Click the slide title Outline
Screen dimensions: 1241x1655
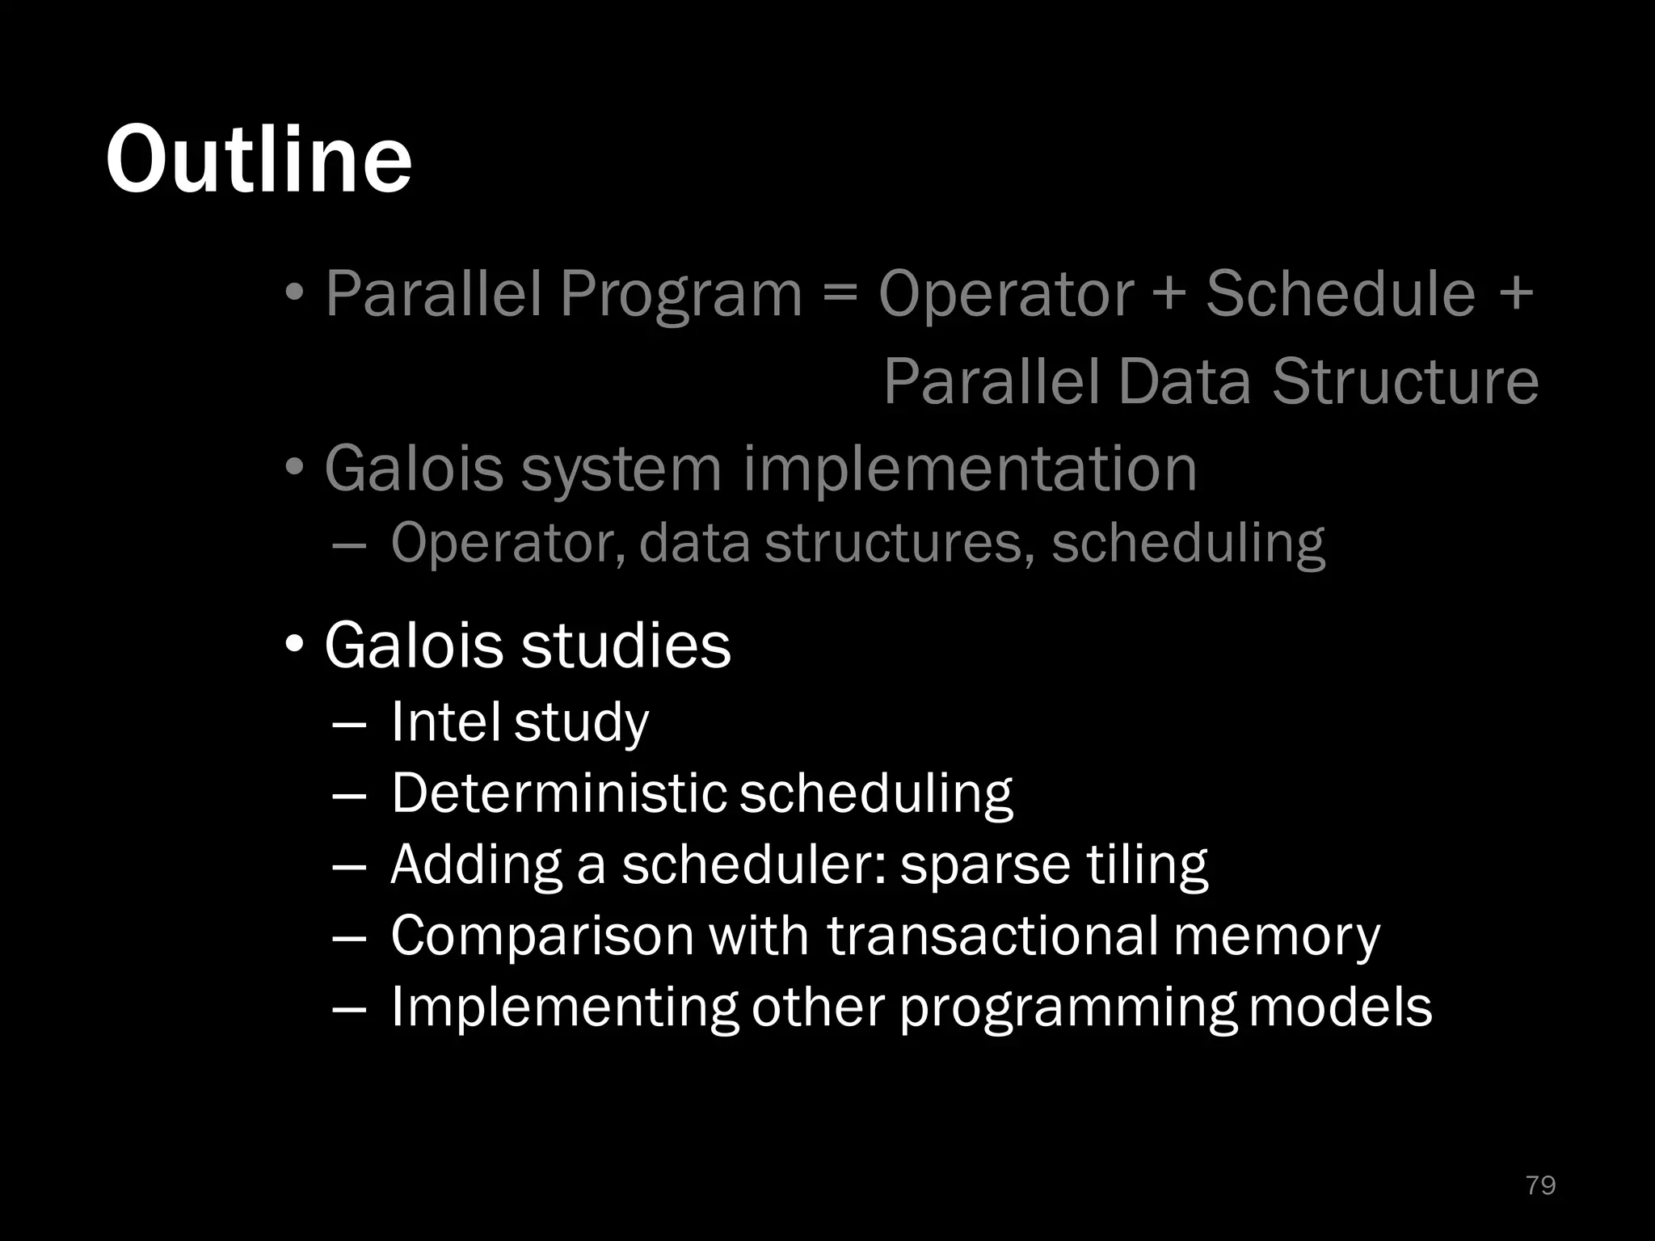(259, 159)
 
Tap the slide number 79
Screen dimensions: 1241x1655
(1540, 1184)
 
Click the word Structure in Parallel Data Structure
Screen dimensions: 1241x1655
(1405, 381)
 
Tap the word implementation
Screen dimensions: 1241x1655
(970, 469)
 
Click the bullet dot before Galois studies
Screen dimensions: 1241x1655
(295, 646)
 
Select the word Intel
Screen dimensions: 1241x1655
(444, 721)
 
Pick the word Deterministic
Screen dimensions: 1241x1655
(558, 793)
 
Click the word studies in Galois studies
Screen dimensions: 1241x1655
(625, 646)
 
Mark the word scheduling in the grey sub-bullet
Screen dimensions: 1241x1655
(1188, 543)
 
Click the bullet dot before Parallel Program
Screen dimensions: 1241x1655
(295, 292)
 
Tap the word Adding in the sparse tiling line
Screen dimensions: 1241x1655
(476, 865)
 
